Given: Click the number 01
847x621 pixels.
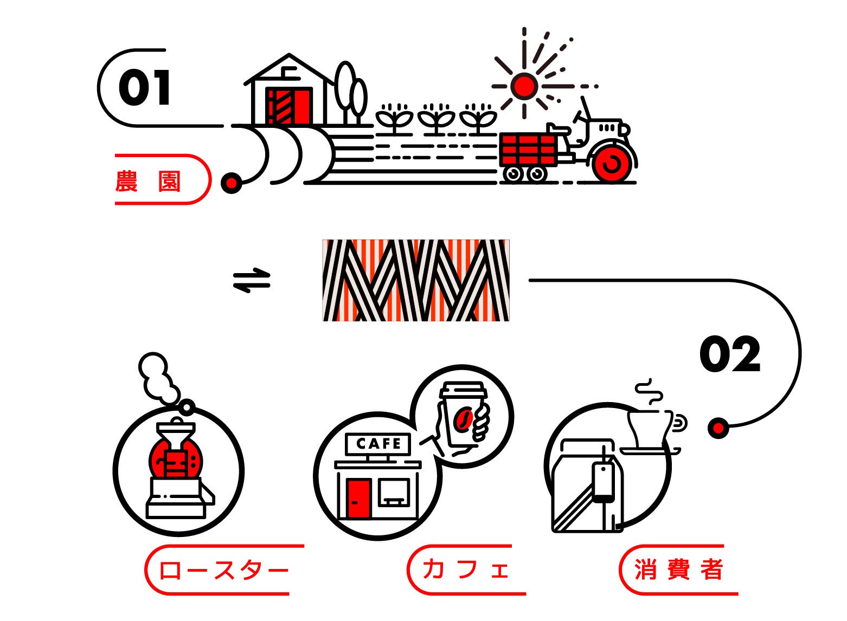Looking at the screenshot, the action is click(144, 88).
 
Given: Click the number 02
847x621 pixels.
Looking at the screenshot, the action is click(729, 354).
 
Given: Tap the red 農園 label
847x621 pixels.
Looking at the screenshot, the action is click(147, 181).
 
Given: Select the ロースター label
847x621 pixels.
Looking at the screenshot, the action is click(223, 570).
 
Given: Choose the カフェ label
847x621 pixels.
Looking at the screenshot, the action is click(465, 570).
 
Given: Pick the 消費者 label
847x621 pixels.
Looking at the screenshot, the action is click(678, 570).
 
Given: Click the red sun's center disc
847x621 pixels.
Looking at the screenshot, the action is click(524, 86).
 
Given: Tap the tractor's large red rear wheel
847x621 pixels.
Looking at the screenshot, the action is click(613, 162).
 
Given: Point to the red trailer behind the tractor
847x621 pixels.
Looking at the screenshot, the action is click(528, 149).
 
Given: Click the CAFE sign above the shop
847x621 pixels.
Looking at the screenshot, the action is click(378, 444).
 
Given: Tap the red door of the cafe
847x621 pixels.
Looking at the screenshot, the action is click(358, 498).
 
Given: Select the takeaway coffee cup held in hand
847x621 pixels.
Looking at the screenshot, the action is click(462, 415).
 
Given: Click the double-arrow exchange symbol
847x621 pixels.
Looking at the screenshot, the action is click(252, 280).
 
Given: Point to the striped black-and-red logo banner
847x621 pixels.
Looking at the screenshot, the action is click(416, 280).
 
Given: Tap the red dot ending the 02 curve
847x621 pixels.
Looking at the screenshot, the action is click(718, 428).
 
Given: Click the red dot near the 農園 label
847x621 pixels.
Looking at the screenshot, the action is click(232, 183).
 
